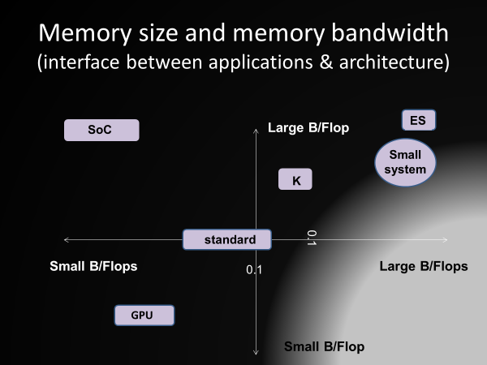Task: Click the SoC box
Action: (101, 130)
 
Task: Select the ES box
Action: (419, 120)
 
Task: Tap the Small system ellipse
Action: (405, 162)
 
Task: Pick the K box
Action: (295, 179)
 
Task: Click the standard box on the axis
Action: (227, 239)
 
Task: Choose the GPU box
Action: (144, 316)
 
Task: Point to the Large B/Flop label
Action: (308, 128)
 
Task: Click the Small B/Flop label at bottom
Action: (324, 346)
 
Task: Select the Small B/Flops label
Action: (93, 266)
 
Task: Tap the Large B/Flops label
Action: (424, 266)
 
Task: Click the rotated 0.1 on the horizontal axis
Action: (312, 238)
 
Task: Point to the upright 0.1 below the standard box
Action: (254, 270)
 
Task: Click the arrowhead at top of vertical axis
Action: (256, 130)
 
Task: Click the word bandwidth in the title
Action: (390, 32)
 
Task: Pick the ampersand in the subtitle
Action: (325, 62)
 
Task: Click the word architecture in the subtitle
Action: (391, 62)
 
